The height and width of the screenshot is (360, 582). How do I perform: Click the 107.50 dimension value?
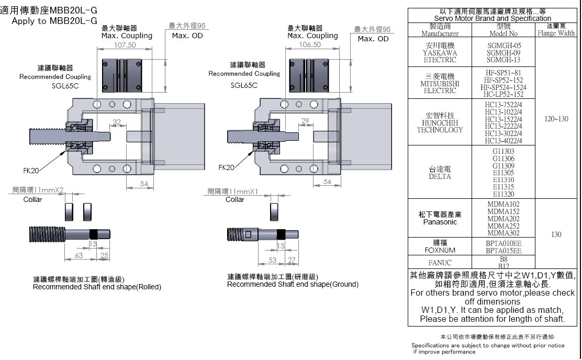[125, 45]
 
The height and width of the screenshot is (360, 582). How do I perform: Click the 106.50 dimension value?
[310, 45]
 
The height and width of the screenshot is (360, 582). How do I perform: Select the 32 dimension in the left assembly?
[117, 122]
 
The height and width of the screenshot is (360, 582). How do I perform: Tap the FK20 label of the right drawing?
[226, 167]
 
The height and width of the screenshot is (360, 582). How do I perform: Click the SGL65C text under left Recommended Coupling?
[65, 86]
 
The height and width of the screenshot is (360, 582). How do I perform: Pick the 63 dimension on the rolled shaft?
[79, 255]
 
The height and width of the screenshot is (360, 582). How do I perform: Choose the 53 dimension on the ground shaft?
[273, 260]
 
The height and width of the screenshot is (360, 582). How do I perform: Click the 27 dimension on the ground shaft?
[292, 260]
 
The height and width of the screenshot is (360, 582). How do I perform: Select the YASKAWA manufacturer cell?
[440, 53]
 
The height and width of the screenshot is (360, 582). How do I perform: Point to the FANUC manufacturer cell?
[440, 263]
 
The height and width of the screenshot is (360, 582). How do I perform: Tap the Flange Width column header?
[556, 29]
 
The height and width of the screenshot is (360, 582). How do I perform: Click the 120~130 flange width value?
[556, 119]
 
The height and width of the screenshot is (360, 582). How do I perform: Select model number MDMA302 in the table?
[503, 233]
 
